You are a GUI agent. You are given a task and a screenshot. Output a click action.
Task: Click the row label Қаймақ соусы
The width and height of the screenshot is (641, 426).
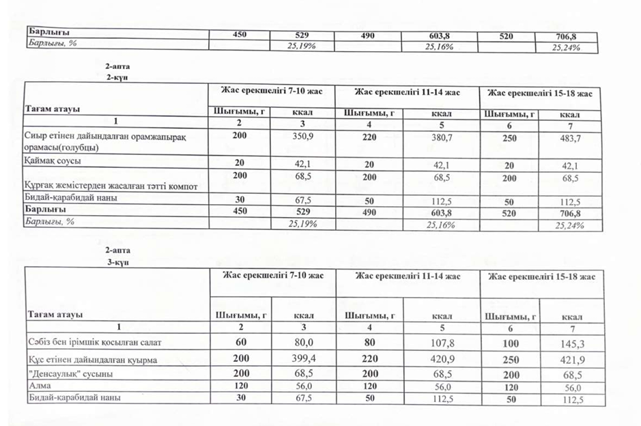(x=54, y=164)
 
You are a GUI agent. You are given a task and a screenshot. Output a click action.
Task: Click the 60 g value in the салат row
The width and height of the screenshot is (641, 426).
(x=239, y=341)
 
